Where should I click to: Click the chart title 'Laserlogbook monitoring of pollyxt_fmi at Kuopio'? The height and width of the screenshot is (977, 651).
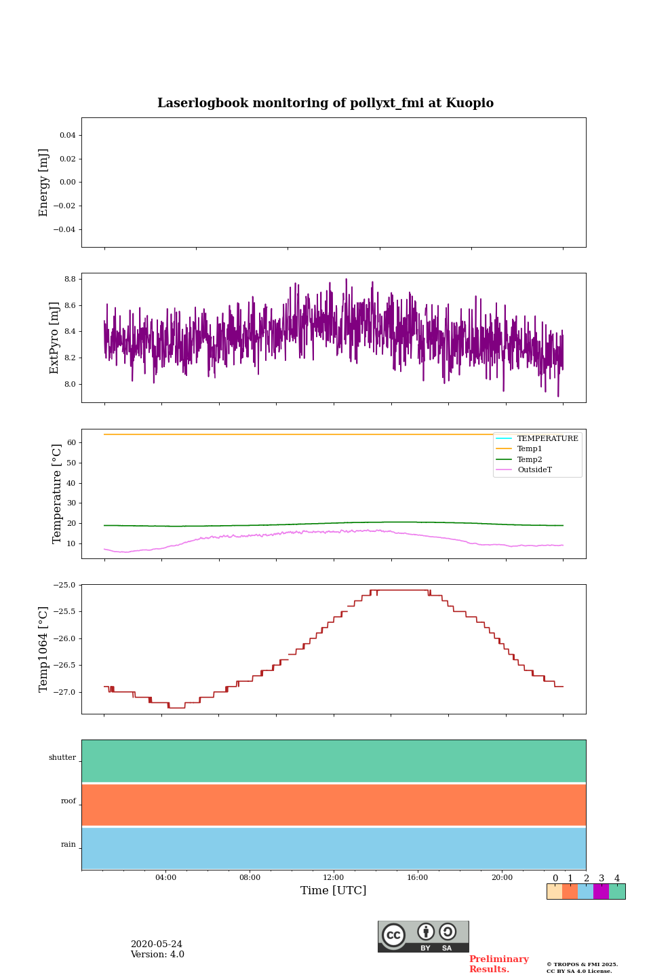point(325,103)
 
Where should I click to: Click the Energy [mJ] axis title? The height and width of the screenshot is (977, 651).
point(44,183)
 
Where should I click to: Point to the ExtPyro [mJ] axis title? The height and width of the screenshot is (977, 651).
point(54,338)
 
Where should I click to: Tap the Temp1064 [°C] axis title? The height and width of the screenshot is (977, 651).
point(44,649)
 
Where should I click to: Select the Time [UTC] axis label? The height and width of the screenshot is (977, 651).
point(334,890)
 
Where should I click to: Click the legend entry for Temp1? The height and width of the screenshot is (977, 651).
point(530,449)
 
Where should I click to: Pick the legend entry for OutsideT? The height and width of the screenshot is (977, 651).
point(534,470)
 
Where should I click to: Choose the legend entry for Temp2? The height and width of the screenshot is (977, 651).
point(530,459)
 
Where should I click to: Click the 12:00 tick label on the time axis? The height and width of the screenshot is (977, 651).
point(334,877)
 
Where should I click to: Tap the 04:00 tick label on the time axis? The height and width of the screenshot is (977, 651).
point(165,877)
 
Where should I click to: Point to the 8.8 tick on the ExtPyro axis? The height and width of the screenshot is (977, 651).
point(69,279)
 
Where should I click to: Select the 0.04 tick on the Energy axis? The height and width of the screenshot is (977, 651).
point(67,135)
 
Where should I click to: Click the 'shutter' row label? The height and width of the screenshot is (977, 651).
point(62,758)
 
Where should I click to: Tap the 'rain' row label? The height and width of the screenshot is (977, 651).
point(68,845)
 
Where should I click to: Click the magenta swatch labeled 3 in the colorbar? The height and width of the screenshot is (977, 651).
point(601,892)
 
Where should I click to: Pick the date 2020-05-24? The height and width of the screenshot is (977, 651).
point(157,944)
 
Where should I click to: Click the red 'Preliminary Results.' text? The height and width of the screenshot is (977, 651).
point(498,964)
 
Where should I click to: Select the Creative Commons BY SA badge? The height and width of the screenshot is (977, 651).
point(423,936)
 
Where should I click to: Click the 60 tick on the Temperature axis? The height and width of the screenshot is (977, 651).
point(71,442)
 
